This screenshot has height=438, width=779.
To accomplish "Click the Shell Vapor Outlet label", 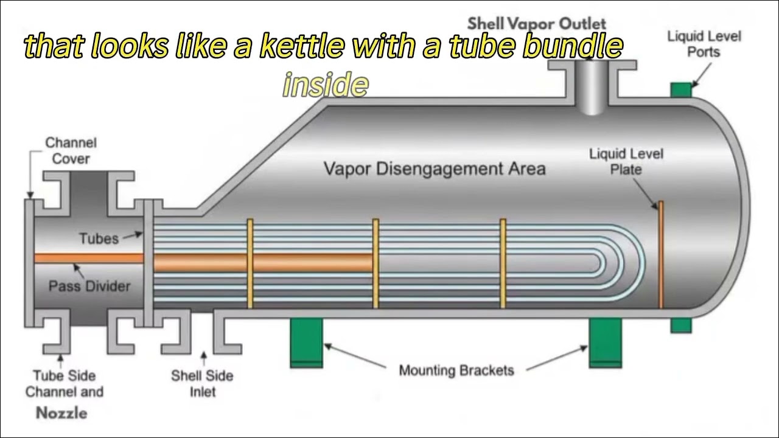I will tap(537, 24).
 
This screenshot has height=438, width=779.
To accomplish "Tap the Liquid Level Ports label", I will tap(704, 44).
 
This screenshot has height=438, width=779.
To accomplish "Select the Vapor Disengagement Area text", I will tap(434, 169).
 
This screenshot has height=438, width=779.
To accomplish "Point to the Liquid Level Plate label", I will tap(626, 161).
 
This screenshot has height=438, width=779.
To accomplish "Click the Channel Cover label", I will tap(71, 151).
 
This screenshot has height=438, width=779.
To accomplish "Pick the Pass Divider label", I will tap(89, 286).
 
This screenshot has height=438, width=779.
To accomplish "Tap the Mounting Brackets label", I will tap(456, 370).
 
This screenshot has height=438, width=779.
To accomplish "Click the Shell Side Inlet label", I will tap(202, 383).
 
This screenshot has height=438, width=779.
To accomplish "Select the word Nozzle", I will tap(61, 413).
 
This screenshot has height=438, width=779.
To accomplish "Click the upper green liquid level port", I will tap(681, 89).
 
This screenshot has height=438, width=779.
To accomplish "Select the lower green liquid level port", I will tap(681, 325).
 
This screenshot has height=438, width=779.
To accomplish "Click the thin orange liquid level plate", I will tap(661, 255).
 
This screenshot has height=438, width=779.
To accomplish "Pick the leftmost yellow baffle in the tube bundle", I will tap(250, 263).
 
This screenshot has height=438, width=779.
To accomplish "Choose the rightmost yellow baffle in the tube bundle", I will tap(503, 263).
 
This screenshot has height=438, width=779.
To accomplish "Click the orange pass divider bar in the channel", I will tap(89, 258).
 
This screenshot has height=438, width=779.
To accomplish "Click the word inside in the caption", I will tap(326, 85).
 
